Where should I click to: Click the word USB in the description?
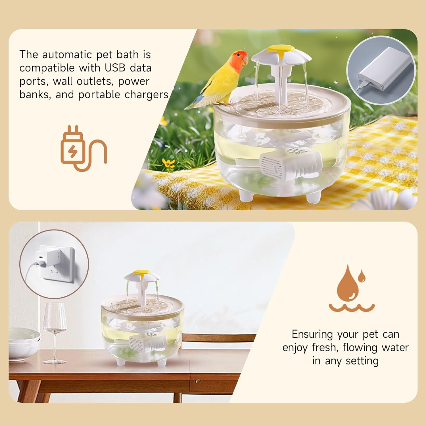click(115, 68)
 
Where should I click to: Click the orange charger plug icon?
click(83, 149)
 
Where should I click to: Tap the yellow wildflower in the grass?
click(169, 163)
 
